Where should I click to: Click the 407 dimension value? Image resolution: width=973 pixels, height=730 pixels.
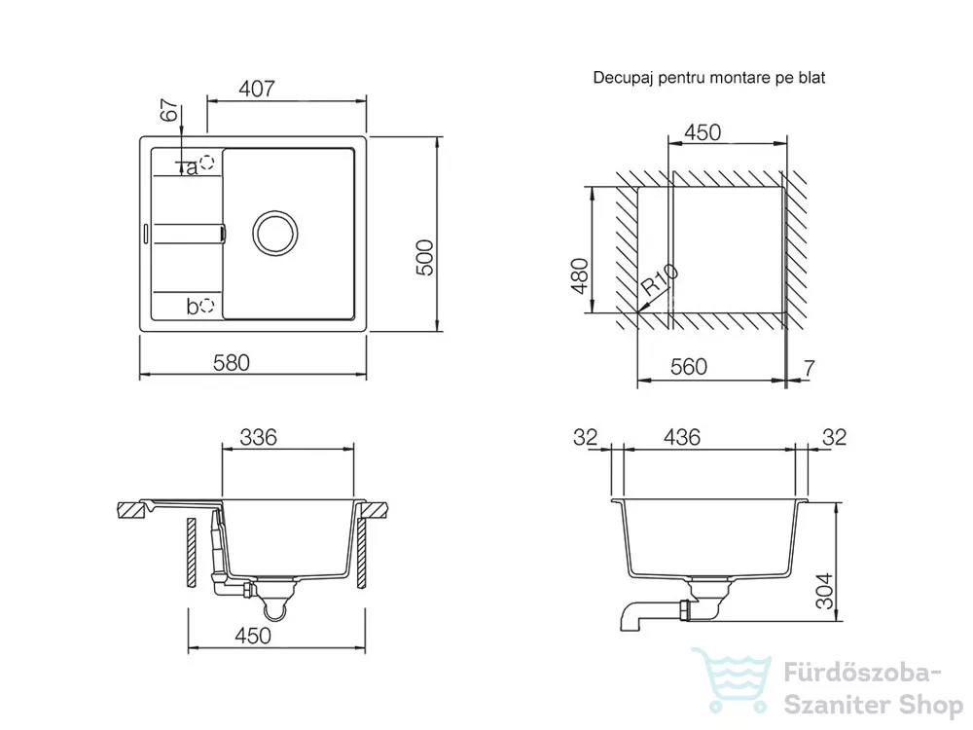pos(256,89)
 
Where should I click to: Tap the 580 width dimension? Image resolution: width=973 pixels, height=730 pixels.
pos(232,362)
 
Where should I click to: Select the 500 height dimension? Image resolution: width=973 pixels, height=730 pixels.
pos(424,258)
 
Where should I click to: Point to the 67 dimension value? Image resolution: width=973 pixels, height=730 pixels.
pos(169,111)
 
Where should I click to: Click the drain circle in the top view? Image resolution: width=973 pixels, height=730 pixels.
pos(275,233)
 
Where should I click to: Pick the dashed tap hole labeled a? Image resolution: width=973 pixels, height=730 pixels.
pos(206,162)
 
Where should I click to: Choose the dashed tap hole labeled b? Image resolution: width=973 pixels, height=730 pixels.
pos(206,305)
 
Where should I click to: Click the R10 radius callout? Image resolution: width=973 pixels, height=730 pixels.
pos(659,278)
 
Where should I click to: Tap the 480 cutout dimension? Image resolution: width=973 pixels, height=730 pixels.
pos(580,276)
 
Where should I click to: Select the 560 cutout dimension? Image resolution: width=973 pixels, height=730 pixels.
pos(689,367)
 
